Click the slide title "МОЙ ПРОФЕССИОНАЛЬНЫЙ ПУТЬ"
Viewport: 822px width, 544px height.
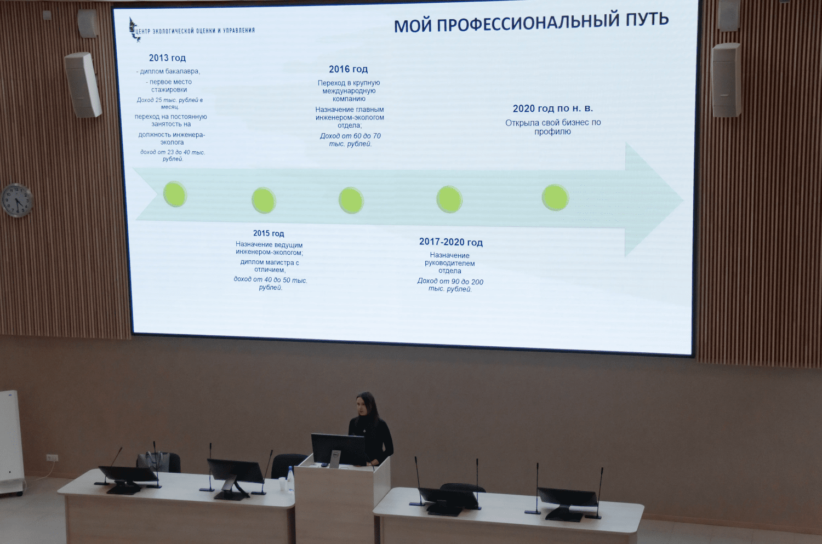coord(532,22)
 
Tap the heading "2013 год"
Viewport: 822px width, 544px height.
coord(167,58)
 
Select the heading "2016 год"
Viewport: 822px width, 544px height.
coord(348,69)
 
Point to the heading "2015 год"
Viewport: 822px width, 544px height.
coord(269,233)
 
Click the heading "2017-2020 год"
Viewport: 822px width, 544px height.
coord(451,242)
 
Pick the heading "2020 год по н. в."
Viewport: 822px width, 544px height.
coord(552,108)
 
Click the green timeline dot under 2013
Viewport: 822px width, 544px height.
coord(175,194)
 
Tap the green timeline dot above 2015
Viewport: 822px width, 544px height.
coord(264,201)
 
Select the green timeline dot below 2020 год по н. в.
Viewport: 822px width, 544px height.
coord(555,197)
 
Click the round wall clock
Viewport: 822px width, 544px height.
coord(17,201)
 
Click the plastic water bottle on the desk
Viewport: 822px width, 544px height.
coord(290,479)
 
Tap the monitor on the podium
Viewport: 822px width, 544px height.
coord(337,450)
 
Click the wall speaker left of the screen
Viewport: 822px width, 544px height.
coord(83,85)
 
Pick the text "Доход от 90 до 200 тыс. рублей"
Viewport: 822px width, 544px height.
coord(450,285)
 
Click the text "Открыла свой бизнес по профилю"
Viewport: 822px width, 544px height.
coord(552,127)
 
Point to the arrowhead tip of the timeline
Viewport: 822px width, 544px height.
coord(683,201)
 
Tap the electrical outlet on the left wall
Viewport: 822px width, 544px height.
coord(52,458)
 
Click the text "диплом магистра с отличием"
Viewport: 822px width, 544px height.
coord(270,266)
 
